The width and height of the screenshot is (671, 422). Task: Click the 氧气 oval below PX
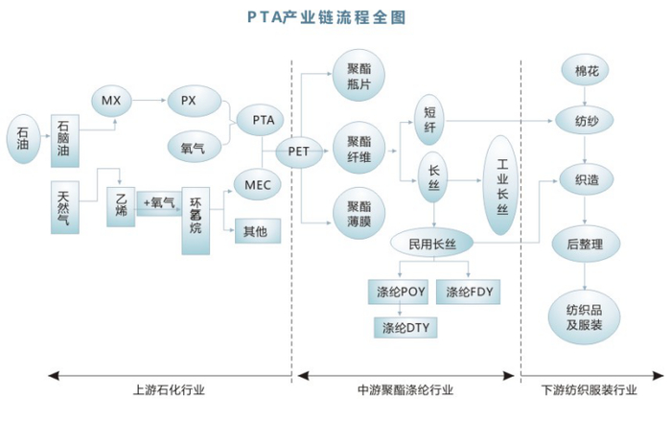tap(194, 148)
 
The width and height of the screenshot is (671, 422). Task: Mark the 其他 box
tap(255, 230)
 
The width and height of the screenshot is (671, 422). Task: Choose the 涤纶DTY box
tap(404, 329)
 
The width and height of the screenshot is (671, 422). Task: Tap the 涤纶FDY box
tap(470, 291)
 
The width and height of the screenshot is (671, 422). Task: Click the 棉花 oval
tap(586, 74)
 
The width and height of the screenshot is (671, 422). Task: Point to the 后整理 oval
tap(586, 244)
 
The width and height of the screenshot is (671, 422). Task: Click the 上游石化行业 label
tap(169, 391)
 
